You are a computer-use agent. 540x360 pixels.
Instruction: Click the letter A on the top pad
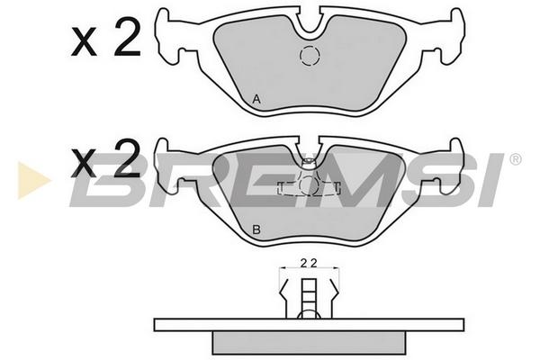click(x=256, y=99)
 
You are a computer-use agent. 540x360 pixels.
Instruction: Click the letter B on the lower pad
click(x=256, y=229)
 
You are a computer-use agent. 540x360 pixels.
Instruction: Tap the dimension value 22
click(x=309, y=264)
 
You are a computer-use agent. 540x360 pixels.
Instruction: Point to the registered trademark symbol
click(x=515, y=159)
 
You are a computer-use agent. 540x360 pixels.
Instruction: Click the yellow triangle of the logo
click(x=32, y=180)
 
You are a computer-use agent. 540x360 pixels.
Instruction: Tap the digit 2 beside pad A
click(x=128, y=37)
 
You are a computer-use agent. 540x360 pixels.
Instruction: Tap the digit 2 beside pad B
click(x=128, y=158)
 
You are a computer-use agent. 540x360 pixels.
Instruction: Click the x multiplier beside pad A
click(x=84, y=43)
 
